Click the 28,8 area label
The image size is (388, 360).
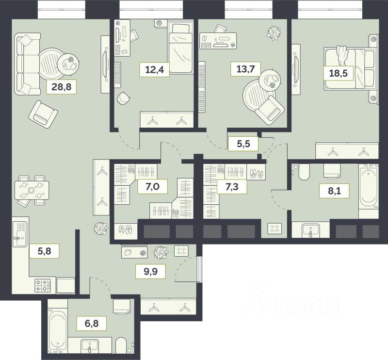click(x=62, y=87)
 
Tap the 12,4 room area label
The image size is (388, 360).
click(x=154, y=69)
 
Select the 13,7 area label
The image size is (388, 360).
click(x=245, y=68)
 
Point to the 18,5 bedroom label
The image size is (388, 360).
click(x=338, y=73)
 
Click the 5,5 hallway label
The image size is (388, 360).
click(x=243, y=144)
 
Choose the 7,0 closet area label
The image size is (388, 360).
click(x=152, y=186)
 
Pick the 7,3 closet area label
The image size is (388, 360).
click(x=232, y=186)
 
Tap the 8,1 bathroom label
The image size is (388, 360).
click(x=334, y=191)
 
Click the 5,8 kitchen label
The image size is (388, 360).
click(x=44, y=251)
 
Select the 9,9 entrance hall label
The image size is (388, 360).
click(x=150, y=272)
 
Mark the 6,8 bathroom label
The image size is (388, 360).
click(x=92, y=323)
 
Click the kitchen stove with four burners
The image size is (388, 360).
click(x=43, y=285)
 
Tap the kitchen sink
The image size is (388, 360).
click(x=20, y=234)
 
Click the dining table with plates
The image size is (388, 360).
click(x=32, y=190)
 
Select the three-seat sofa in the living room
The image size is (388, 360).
click(x=27, y=64)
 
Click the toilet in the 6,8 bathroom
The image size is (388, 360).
click(x=121, y=344)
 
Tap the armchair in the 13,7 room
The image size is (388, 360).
click(x=270, y=110)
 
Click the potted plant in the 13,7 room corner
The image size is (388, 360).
click(x=274, y=33)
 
